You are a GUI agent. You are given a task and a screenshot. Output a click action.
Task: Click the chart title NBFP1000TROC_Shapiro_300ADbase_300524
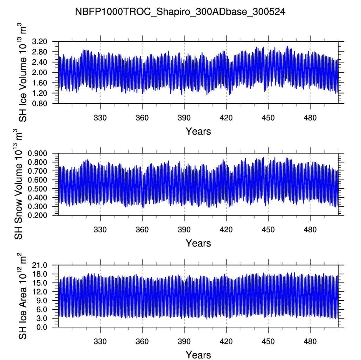(x=180, y=12)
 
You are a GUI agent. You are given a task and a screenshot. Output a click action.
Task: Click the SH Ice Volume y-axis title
(x=23, y=73)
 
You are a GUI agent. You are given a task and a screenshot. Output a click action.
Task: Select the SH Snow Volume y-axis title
(x=19, y=184)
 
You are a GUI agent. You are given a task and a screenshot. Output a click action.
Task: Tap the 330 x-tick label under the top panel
(x=100, y=118)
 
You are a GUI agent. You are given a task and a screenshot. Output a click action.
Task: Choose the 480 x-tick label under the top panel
(x=310, y=118)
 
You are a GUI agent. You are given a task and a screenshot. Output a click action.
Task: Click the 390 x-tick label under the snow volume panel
(x=184, y=230)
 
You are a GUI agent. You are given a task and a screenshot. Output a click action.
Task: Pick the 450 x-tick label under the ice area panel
(x=268, y=341)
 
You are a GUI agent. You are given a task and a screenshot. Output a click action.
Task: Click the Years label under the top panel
(x=198, y=131)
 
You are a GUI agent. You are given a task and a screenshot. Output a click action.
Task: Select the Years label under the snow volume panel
(x=198, y=243)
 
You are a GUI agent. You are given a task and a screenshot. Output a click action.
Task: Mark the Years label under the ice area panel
(x=198, y=355)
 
